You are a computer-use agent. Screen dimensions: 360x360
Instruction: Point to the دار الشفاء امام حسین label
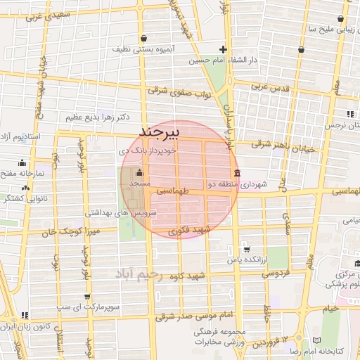coord(223,60)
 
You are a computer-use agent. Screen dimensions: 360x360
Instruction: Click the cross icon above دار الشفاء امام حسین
coord(223,49)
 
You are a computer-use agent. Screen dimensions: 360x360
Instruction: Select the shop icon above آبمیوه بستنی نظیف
coord(144,38)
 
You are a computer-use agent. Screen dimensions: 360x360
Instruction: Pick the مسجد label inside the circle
coord(139,184)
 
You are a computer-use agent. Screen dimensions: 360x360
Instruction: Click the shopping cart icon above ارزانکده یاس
coord(246,249)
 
